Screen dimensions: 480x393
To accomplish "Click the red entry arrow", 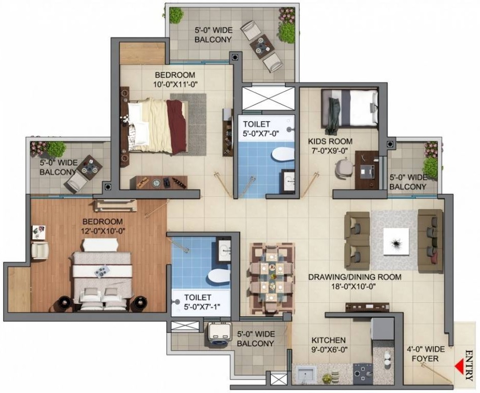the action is (458, 366).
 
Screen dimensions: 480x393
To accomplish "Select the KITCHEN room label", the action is (328, 340).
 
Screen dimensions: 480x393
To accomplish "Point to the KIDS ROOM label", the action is (330, 141).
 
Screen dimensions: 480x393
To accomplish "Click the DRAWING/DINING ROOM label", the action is (354, 277).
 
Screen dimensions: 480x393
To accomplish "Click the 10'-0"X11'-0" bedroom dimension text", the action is (175, 84).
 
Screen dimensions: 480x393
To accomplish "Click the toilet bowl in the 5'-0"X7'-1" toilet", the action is (219, 276).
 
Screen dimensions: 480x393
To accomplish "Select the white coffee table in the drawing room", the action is (396, 241).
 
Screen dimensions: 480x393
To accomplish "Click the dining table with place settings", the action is (272, 278).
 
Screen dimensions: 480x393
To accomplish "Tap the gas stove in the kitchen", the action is (363, 374).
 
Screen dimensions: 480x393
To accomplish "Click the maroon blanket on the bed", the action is (177, 127).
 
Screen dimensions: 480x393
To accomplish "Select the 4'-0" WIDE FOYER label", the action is (425, 354).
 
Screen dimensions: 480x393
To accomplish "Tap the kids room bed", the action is (349, 108).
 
